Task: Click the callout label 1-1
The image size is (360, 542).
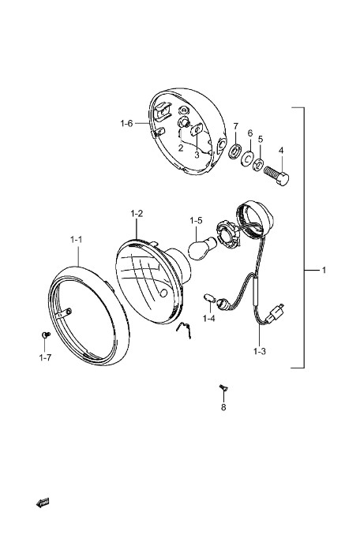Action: tap(76, 239)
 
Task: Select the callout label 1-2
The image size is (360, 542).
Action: tap(137, 214)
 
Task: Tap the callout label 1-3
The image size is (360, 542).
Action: tap(260, 352)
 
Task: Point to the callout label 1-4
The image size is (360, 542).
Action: tap(208, 318)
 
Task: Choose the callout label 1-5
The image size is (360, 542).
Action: tap(196, 221)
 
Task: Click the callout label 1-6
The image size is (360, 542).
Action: tap(126, 123)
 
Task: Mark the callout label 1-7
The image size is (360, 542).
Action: tap(45, 357)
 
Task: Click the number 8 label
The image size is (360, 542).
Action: tap(223, 407)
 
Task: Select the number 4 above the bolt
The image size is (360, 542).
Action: tap(281, 151)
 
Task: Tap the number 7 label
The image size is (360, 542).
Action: tap(235, 125)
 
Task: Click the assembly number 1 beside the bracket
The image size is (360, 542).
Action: tap(324, 270)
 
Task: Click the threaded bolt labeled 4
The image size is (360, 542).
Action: tap(276, 174)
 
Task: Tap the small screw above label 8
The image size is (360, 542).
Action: tap(223, 388)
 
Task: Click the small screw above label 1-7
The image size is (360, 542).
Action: tap(45, 335)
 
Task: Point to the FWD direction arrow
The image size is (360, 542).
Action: tap(43, 503)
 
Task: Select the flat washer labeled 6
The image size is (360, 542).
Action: tap(247, 158)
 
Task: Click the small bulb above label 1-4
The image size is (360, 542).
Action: tap(209, 298)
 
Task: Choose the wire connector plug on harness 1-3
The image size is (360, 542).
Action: tap(277, 312)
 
